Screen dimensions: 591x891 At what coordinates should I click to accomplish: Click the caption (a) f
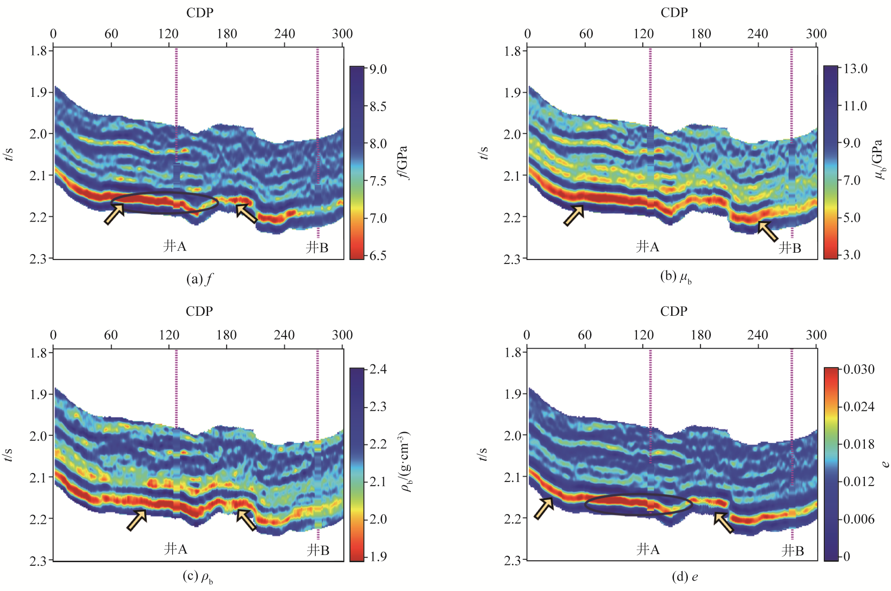pos(199,279)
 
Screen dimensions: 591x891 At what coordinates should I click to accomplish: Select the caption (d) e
pos(685,577)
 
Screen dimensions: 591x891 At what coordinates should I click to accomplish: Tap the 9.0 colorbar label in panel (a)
pos(378,69)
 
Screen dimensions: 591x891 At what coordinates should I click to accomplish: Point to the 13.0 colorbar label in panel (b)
pos(855,69)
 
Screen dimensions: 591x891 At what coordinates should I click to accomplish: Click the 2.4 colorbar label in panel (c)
pos(378,370)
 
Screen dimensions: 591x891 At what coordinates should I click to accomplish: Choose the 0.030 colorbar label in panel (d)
pos(859,370)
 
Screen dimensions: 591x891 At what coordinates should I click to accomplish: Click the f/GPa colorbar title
pos(404,162)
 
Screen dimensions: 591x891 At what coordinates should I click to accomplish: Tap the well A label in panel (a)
pos(175,246)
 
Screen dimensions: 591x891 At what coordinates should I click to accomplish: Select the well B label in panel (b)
pos(790,248)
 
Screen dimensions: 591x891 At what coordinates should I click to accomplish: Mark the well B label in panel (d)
pos(792,550)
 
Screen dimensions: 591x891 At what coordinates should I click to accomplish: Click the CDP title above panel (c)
pos(199,311)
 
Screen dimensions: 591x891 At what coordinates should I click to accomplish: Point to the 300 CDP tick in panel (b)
pos(816,34)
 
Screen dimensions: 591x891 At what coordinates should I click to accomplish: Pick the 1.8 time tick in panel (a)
pos(38,50)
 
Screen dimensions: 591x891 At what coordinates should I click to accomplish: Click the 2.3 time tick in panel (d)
pos(512,560)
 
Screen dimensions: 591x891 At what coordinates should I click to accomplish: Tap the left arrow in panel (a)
pos(114,214)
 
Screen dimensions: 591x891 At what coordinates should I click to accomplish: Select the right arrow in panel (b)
pos(768,231)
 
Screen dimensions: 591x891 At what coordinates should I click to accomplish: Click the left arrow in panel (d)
pos(544,508)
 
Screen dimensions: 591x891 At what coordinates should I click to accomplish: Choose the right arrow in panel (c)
pos(246,520)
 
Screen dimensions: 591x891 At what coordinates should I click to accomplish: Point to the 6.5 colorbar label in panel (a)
pos(378,256)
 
